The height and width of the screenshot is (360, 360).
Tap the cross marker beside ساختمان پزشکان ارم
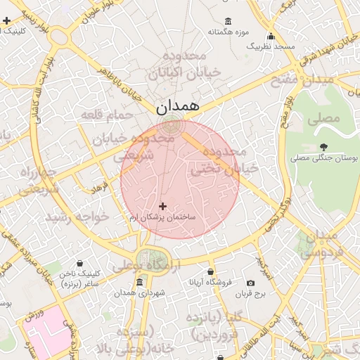(163, 206)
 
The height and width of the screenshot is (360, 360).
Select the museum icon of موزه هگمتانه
(227, 21)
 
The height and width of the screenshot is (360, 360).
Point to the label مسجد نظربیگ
(270, 46)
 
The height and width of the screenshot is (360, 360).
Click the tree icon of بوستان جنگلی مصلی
(323, 147)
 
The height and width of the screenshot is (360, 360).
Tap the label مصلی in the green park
(324, 118)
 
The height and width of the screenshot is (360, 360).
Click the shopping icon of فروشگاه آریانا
(210, 271)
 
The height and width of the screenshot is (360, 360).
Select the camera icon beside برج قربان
(251, 283)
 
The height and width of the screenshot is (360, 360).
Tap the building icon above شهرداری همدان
(139, 283)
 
